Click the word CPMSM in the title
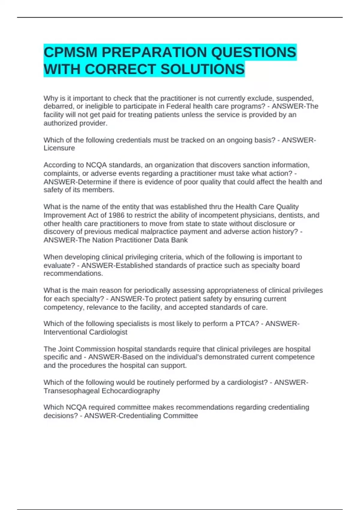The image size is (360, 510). tap(70, 52)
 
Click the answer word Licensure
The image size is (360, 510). tap(59, 148)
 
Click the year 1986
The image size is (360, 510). tap(116, 215)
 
